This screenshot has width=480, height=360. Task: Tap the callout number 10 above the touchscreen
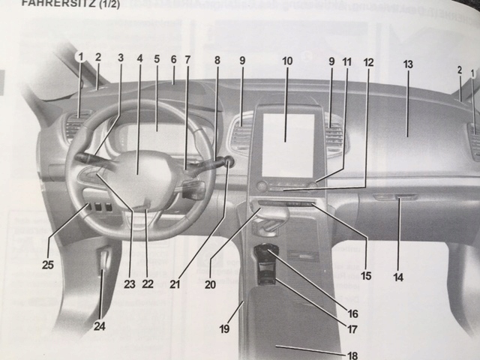[x=288, y=60]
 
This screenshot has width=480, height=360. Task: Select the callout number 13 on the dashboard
[x=408, y=64]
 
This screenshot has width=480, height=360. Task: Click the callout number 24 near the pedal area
[x=100, y=325]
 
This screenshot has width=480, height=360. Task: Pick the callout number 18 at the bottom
[x=352, y=355]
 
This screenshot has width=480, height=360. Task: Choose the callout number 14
[x=398, y=277]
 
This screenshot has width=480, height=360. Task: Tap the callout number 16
[x=352, y=313]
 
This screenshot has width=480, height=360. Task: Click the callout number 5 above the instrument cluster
[x=157, y=58]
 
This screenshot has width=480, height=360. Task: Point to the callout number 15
[x=366, y=276]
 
